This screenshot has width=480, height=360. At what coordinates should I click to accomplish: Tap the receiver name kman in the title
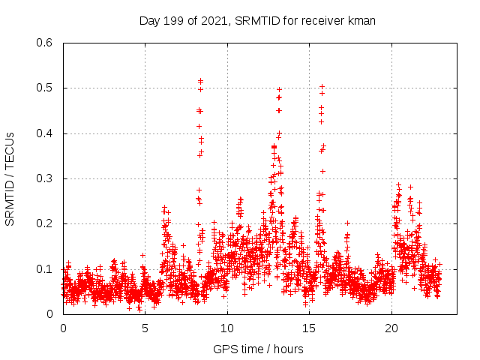tap(360, 21)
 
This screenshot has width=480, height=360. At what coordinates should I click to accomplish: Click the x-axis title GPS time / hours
tap(258, 349)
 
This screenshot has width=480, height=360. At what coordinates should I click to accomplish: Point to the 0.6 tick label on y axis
tap(46, 43)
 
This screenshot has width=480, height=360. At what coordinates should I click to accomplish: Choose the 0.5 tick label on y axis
tap(46, 88)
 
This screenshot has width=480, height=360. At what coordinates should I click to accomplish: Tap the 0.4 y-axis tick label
tap(46, 133)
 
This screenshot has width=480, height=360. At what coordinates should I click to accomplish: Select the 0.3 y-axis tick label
tap(46, 178)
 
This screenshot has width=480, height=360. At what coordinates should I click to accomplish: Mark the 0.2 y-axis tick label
tap(46, 223)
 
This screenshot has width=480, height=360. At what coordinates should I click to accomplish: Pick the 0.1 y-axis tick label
tap(46, 268)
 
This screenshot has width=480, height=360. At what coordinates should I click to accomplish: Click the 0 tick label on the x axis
tap(63, 328)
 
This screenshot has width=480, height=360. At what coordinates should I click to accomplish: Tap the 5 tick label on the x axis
tap(145, 328)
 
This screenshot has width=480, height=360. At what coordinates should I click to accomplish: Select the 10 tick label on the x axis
tap(227, 328)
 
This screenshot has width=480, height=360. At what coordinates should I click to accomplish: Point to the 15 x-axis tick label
tap(309, 328)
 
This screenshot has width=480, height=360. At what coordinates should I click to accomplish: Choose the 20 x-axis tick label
tap(391, 328)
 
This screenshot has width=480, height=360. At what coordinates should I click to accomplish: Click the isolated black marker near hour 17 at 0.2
tap(347, 223)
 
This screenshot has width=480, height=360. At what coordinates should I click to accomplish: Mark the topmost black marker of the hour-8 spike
tap(200, 80)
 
